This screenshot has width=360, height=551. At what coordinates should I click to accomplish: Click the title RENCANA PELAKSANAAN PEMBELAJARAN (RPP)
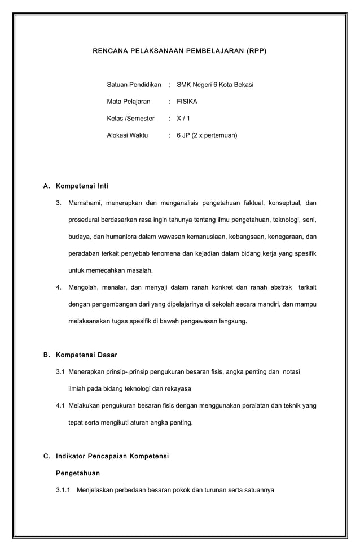[x=179, y=51]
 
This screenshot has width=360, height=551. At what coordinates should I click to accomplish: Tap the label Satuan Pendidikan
[x=134, y=85]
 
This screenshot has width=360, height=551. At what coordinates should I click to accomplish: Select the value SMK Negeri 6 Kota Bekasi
[x=214, y=85]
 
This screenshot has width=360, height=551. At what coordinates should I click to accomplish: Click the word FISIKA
[x=187, y=102]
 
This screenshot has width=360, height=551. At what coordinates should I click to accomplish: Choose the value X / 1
[x=183, y=119]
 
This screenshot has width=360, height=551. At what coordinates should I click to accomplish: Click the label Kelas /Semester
[x=130, y=119]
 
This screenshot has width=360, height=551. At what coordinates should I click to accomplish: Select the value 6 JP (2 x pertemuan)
[x=207, y=135]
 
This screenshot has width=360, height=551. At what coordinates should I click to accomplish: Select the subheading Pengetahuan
[x=77, y=473]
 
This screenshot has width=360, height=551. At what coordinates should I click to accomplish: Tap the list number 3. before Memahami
[x=59, y=203]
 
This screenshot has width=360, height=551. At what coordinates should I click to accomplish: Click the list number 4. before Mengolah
[x=59, y=287]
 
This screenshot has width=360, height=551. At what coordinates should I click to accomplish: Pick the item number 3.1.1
[x=63, y=490]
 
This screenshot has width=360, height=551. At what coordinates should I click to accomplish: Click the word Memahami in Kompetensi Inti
[x=85, y=203]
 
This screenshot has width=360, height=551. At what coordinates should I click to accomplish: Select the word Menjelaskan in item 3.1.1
[x=96, y=490]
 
